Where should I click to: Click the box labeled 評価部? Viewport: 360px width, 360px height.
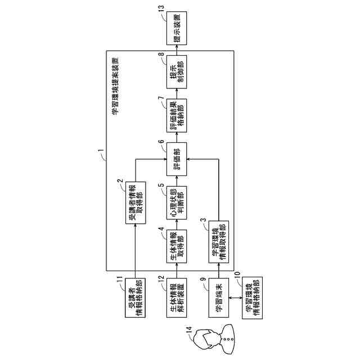[176, 159]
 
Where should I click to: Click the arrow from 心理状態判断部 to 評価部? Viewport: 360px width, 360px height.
[176, 179]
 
